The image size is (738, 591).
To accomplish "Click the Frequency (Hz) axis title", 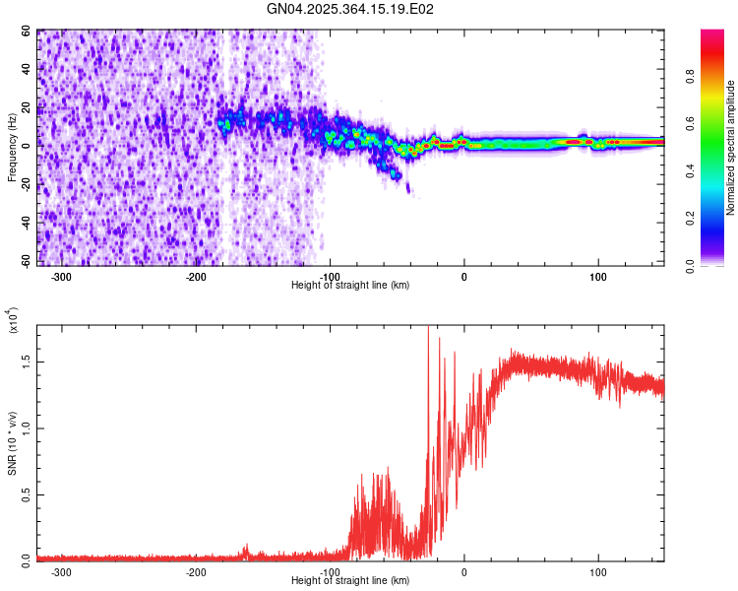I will [x=13, y=147].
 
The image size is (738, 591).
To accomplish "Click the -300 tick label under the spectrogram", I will [x=61, y=277].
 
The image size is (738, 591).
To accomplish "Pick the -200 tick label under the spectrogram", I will [x=195, y=277].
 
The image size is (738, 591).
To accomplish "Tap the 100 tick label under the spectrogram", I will [x=597, y=277].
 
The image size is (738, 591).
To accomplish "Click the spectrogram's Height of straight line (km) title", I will [x=351, y=286].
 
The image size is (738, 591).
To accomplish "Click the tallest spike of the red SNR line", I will [x=428, y=329].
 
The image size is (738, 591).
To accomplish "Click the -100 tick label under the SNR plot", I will [x=330, y=571].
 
